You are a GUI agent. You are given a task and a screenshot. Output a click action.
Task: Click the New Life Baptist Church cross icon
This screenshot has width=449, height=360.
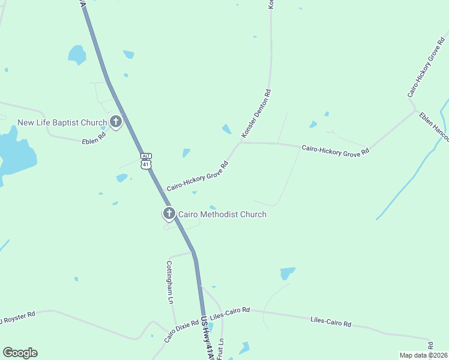point(115,123)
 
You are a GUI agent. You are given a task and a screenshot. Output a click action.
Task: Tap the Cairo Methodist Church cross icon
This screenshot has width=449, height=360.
point(169,214)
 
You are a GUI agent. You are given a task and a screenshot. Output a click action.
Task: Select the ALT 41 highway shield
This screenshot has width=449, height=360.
point(146,161)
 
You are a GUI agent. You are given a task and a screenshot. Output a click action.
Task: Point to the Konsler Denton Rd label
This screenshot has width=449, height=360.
point(256,113)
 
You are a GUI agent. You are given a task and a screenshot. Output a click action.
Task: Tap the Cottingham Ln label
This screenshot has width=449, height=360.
point(170,282)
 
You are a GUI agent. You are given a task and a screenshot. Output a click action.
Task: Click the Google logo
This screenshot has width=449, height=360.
point(20,353)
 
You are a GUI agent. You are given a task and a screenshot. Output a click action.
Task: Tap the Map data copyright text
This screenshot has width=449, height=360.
point(423,355)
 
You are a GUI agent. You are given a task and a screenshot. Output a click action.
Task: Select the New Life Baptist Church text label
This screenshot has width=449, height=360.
point(62,123)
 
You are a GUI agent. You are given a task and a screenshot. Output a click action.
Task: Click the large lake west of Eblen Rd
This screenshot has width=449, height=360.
point(15,153)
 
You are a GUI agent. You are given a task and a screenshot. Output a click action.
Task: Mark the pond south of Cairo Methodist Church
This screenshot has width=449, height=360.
point(287,273)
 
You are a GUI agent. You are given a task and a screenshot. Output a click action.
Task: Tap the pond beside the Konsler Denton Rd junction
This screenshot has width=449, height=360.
point(226,129)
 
